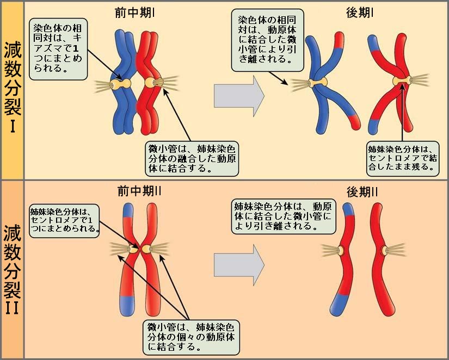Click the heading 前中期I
pos(135,13)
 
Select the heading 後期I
pos(360,13)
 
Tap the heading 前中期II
pos(139,191)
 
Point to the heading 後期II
pos(362,192)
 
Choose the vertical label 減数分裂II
pos(13,269)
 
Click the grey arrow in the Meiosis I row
pos(239,96)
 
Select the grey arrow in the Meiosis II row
pos(239,265)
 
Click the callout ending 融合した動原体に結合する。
pos(192,158)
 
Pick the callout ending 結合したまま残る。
pos(403,159)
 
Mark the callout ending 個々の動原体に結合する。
pos(191,337)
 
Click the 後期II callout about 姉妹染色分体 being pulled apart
pos(283,216)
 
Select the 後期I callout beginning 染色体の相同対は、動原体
pos(267,40)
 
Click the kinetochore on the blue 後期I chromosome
pos(317,82)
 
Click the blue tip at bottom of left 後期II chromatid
pos(339,305)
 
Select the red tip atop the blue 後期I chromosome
pos(339,40)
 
